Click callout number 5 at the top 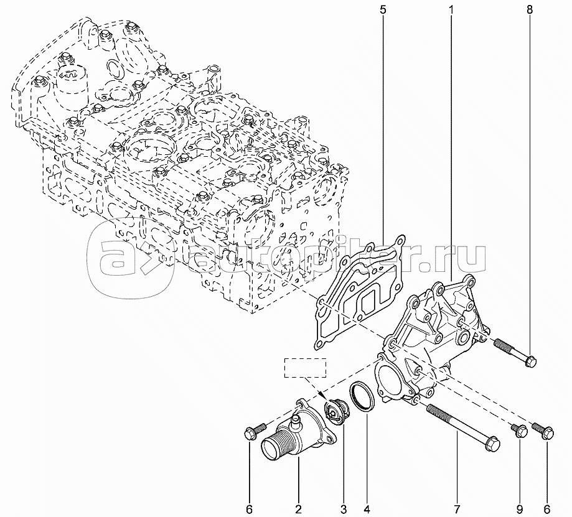pos(382,10)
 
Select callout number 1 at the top pos(451,10)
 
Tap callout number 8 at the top pos(529,10)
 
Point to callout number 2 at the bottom pos(298,509)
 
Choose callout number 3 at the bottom pos(344,509)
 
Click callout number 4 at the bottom pos(367,509)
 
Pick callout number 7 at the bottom pos(457,509)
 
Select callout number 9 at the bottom pos(519,509)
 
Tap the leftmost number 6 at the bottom pos(249,509)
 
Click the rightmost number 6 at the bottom pos(546,509)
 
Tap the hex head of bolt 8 pos(531,361)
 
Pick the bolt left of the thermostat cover pos(255,431)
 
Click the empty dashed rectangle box pos(306,368)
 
